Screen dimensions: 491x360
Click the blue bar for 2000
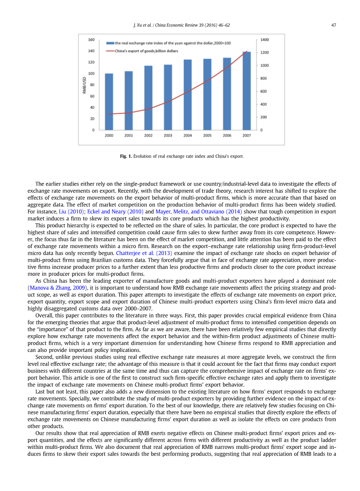point(109,102)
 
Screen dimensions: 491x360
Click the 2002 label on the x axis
point(148,135)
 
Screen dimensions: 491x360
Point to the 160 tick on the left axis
point(91,40)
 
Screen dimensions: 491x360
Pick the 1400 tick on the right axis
point(265,40)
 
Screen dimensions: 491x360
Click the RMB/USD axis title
point(85,85)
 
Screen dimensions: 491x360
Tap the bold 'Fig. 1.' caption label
point(126,157)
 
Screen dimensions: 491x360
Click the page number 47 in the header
point(334,25)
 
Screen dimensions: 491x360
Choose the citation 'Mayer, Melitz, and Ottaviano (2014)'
point(199,211)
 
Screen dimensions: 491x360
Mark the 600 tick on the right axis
point(264,91)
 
